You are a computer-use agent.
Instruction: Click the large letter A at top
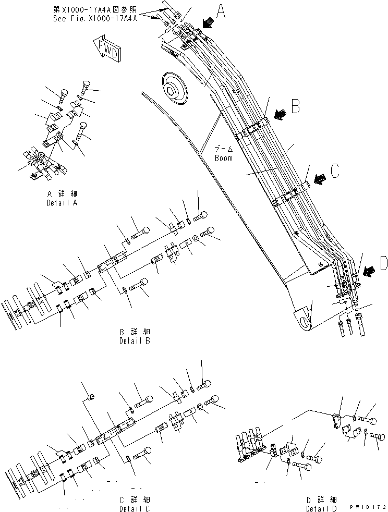tap(221, 11)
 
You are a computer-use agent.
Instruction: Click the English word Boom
tap(224, 157)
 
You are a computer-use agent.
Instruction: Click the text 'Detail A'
tap(62, 202)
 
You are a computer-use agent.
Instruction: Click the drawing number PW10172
tap(367, 506)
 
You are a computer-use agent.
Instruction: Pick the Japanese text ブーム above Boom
tap(224, 149)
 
